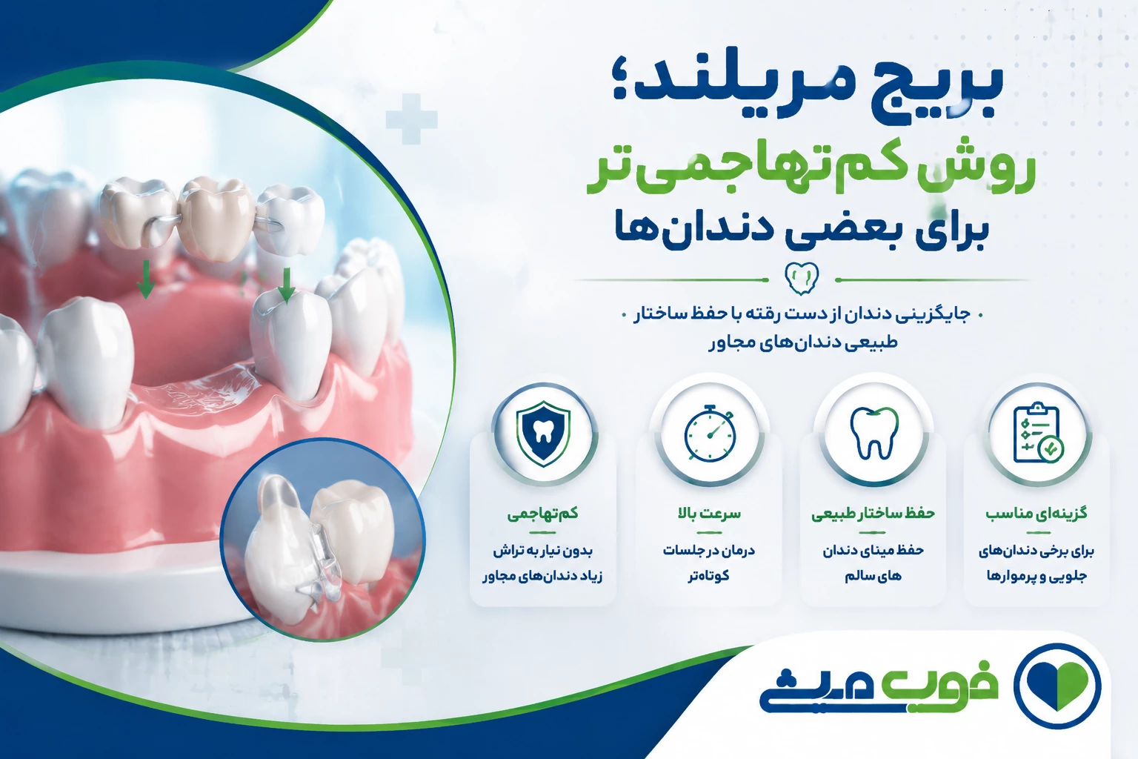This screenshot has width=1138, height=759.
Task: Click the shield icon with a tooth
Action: tap(543, 434)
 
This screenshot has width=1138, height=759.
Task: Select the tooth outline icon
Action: tap(874, 433)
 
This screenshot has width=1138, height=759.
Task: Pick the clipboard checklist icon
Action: tap(1039, 433)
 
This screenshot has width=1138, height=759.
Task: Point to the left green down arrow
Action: tap(146, 279)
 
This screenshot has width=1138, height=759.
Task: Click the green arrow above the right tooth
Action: tap(287, 285)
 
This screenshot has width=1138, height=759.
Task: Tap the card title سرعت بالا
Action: tap(709, 514)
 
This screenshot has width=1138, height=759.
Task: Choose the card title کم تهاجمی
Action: tap(543, 514)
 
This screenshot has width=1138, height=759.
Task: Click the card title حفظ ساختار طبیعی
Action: tap(874, 514)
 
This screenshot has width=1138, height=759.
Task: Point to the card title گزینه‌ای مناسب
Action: tap(1037, 514)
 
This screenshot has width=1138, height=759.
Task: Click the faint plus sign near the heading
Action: tap(411, 119)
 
